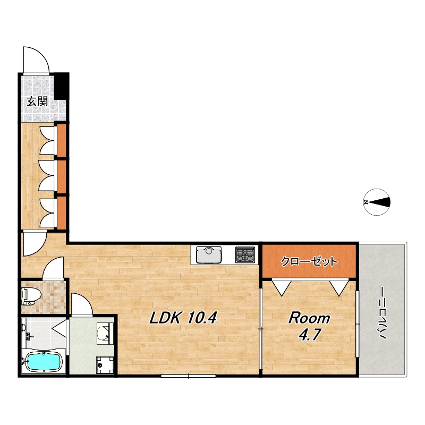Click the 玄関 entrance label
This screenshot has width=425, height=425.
click(x=37, y=101)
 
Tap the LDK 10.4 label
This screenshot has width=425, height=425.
click(x=183, y=317)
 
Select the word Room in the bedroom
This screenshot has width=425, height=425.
click(x=309, y=318)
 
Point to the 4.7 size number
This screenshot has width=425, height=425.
click(x=310, y=334)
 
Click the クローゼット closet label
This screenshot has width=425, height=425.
click(x=309, y=261)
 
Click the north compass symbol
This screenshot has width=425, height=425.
click(x=377, y=202)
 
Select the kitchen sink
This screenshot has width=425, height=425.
click(x=209, y=255)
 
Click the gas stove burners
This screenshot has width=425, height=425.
click(x=245, y=254)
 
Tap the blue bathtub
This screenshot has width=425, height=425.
click(x=44, y=362)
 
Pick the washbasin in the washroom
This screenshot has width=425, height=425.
click(x=105, y=334)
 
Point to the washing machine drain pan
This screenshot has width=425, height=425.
click(x=105, y=365)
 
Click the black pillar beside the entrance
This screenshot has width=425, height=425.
click(x=62, y=86)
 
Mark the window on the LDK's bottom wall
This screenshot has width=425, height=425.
click(x=189, y=376)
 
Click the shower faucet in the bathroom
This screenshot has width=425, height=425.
click(x=28, y=337)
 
